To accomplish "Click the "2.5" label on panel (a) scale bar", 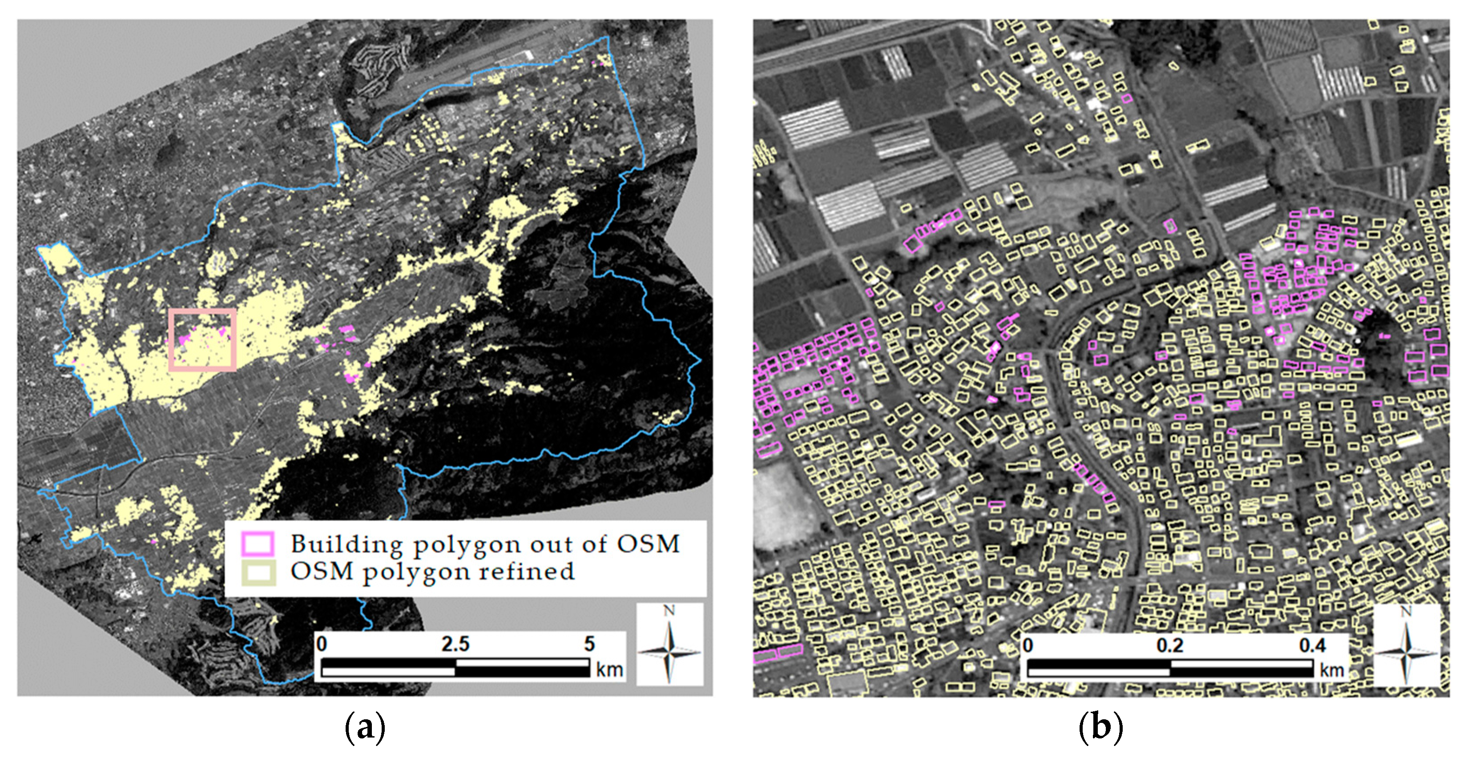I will pyautogui.click(x=455, y=644).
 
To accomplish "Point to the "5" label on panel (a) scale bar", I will pyautogui.click(x=589, y=644).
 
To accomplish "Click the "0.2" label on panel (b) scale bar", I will pyautogui.click(x=1170, y=645).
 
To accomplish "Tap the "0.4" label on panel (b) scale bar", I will pyautogui.click(x=1312, y=645).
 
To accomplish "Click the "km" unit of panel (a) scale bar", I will pyautogui.click(x=609, y=669).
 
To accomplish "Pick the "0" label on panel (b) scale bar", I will pyautogui.click(x=1028, y=645).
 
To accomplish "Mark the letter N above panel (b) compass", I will pyautogui.click(x=1406, y=612).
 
